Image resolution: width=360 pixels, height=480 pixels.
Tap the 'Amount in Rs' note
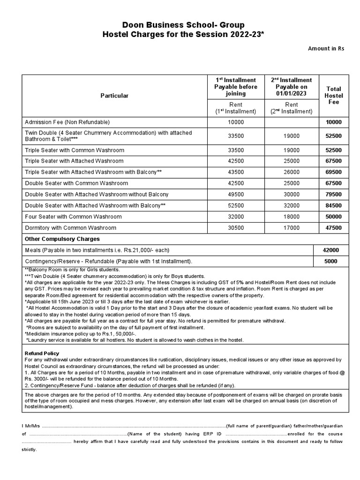point(326,49)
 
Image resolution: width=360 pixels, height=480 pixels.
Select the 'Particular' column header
point(114,96)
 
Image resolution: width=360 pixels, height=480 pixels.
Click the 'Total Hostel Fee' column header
point(334,95)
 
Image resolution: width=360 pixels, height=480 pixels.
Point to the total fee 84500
point(334,205)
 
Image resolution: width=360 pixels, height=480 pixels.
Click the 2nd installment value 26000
point(292,172)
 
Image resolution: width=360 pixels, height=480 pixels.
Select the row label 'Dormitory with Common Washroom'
point(70,228)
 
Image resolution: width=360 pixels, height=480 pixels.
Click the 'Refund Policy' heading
point(41,353)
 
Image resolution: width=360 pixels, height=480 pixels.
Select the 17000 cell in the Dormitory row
point(292,228)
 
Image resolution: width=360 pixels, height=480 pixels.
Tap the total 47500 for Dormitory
point(334,228)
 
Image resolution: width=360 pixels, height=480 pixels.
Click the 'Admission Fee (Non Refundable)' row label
point(67,122)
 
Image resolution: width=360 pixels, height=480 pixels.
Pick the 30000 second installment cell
point(292,194)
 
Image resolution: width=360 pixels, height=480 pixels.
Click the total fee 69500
point(334,172)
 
